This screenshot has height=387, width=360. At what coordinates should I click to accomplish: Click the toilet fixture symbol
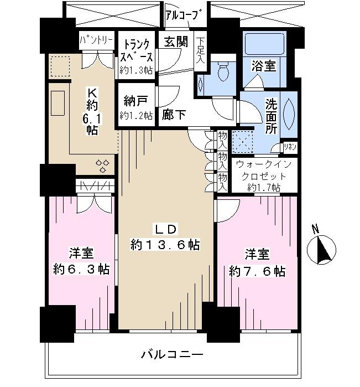point(224,70)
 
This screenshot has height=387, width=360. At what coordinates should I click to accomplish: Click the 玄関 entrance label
point(175,42)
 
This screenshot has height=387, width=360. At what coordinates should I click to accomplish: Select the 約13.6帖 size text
point(165,244)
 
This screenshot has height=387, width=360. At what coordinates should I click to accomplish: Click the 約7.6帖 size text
point(257,271)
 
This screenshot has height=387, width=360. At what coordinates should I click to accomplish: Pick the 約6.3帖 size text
point(81,270)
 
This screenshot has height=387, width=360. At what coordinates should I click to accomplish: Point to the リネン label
point(290,147)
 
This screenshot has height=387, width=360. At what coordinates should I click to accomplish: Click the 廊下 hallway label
point(174,115)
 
